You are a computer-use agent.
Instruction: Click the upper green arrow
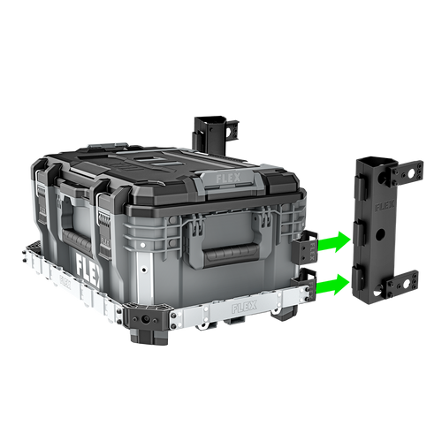[335, 240]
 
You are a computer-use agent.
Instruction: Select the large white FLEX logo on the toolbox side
[88, 265]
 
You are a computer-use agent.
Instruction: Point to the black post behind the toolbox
[210, 128]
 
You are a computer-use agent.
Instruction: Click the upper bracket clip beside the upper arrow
[306, 247]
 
